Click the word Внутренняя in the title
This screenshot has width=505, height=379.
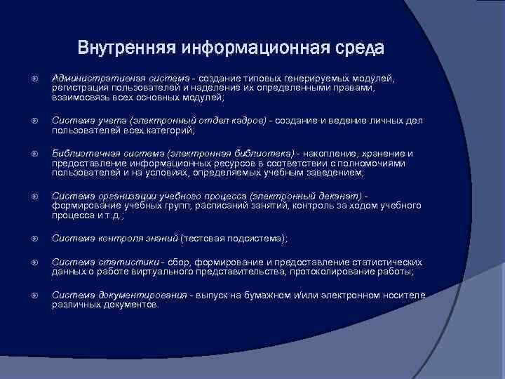[x=126, y=48]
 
